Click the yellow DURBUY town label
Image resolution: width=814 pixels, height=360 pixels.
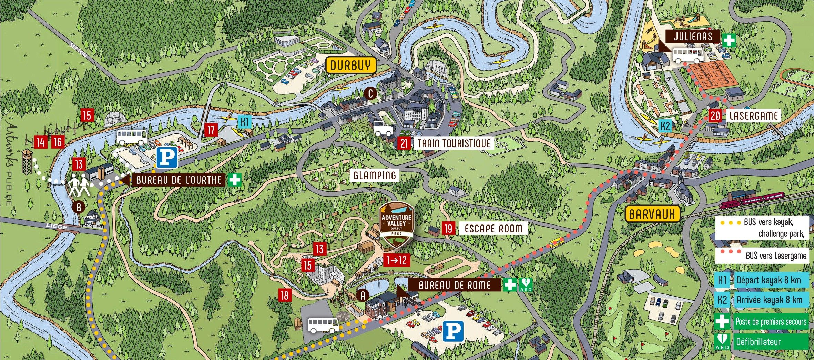click(x=350, y=65)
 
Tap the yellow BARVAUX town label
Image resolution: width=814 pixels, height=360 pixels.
click(x=652, y=214)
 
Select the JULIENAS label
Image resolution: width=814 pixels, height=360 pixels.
click(x=692, y=37)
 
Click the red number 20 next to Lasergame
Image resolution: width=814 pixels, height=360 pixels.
click(x=715, y=116)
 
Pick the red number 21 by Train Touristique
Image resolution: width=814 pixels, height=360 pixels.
click(x=404, y=143)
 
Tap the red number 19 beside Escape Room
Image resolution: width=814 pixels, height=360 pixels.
click(x=448, y=228)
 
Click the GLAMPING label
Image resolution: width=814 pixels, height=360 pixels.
click(x=375, y=175)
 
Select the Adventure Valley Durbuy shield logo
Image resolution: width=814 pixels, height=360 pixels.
click(x=396, y=224)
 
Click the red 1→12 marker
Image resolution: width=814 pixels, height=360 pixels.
click(x=396, y=260)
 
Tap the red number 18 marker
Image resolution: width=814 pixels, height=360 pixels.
click(x=285, y=295)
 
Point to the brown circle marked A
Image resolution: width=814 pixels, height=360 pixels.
click(x=363, y=296)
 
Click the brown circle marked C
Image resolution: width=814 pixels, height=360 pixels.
click(x=370, y=93)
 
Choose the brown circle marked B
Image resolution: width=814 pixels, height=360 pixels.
click(x=79, y=207)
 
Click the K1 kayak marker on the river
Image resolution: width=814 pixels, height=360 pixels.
click(x=244, y=122)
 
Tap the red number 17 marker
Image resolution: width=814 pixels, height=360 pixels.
click(x=211, y=130)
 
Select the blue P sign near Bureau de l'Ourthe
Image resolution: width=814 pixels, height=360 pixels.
click(x=167, y=157)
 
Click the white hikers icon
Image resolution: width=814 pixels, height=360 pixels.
click(x=80, y=185)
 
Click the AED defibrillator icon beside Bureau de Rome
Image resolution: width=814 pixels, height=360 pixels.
click(x=526, y=285)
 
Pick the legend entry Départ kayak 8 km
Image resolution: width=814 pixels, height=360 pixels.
click(x=768, y=280)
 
